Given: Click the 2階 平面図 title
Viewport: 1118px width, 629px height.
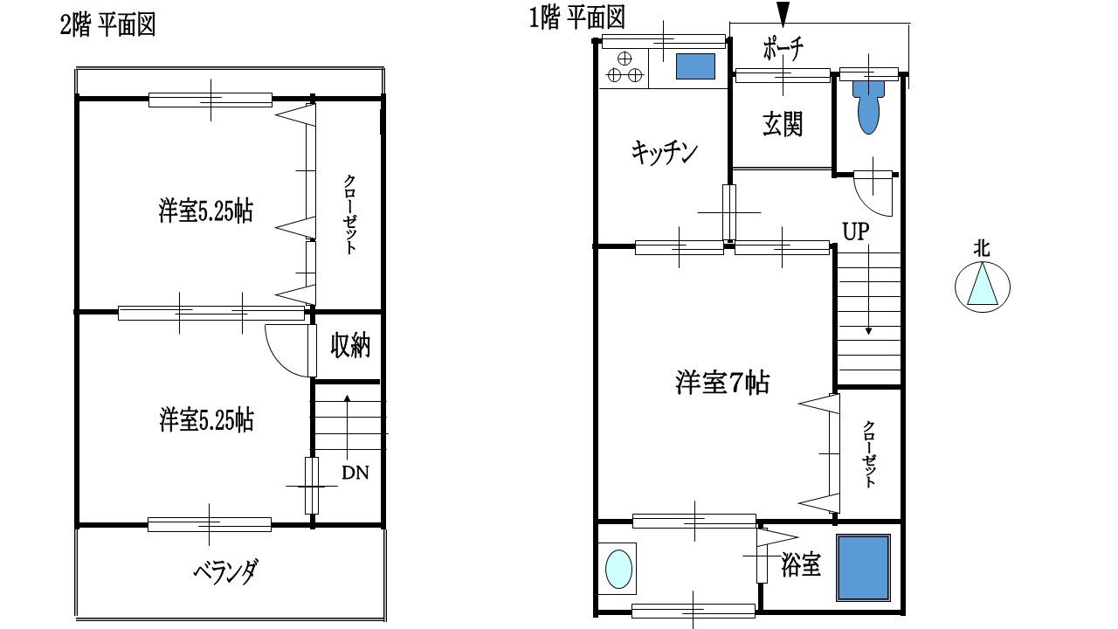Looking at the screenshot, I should (x=107, y=24).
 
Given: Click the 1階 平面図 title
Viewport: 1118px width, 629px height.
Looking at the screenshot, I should (x=577, y=17).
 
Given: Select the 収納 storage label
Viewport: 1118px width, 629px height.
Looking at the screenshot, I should (x=349, y=346).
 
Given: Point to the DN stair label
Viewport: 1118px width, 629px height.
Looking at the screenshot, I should (x=355, y=473).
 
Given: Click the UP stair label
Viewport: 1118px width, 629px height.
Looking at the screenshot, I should (x=857, y=232).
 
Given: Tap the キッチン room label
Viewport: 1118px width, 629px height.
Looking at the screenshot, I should (x=664, y=153).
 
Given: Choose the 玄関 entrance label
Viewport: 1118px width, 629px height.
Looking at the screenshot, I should (x=782, y=124).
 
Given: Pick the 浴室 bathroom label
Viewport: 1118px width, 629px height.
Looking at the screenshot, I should (x=800, y=565).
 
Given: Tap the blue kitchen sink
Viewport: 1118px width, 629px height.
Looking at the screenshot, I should (x=695, y=66).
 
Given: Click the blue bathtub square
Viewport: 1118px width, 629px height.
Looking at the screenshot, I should (x=863, y=568).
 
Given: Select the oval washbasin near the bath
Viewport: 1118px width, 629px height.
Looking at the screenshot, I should (x=619, y=569).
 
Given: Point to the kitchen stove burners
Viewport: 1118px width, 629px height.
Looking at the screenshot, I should (x=625, y=68).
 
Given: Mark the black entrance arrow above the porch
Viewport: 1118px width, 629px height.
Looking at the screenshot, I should (x=783, y=13).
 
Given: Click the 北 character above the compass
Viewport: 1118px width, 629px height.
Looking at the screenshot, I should (x=983, y=247).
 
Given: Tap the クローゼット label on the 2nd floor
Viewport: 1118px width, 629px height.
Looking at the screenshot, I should (x=349, y=214).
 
